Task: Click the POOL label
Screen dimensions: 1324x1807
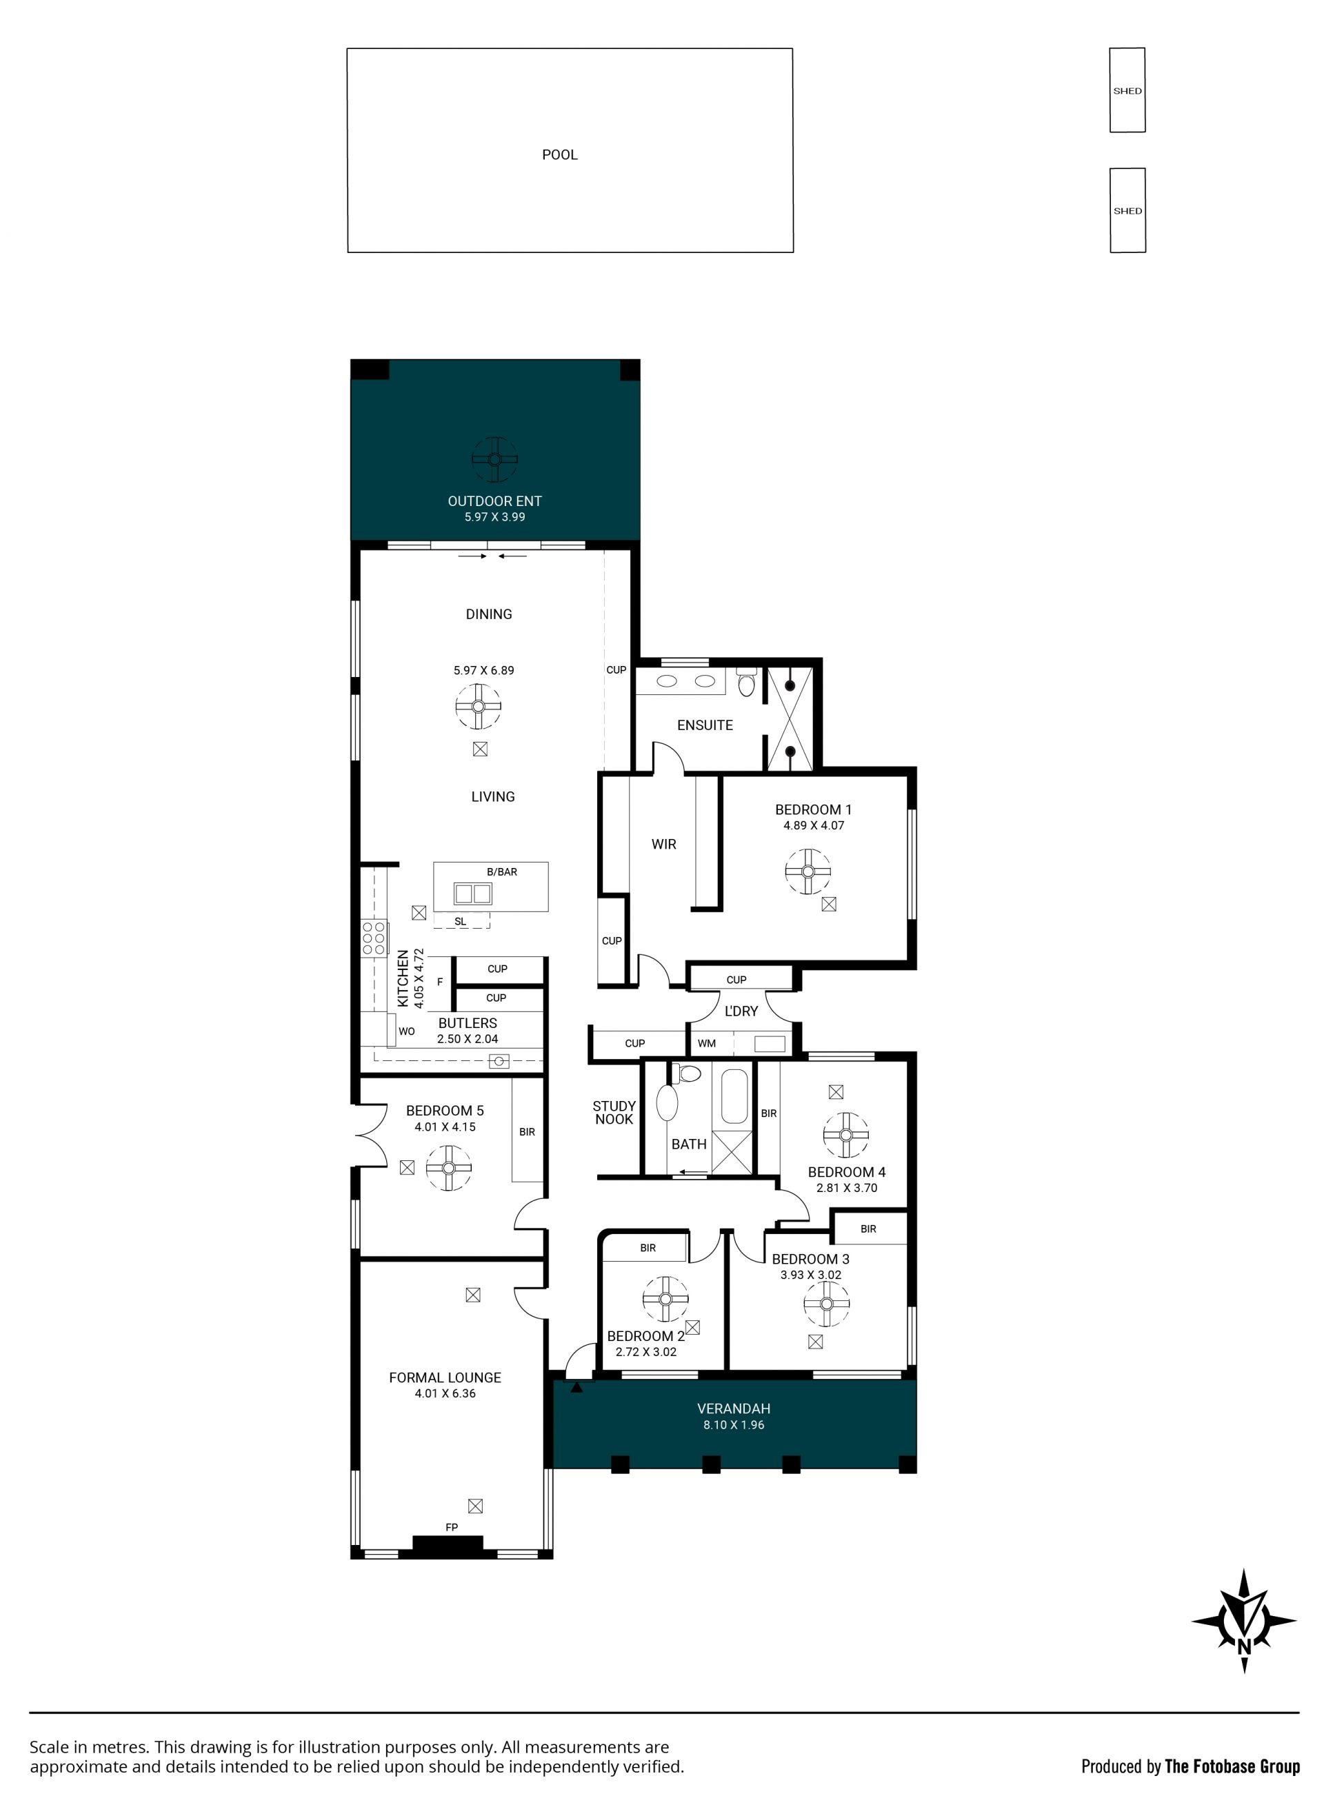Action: point(559,154)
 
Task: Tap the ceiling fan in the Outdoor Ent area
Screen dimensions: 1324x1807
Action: point(494,459)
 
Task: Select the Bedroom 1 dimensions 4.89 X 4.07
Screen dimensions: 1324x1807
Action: point(814,825)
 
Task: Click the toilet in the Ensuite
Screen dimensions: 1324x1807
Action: point(746,683)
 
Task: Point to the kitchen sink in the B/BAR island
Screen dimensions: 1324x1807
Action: point(473,893)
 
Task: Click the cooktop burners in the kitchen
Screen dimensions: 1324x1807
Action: point(374,938)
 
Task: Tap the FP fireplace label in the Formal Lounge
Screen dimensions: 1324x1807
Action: point(452,1527)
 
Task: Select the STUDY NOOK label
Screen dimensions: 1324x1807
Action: point(614,1112)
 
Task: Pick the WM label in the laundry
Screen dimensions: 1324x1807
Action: point(706,1043)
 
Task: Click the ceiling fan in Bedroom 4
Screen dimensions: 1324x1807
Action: point(845,1135)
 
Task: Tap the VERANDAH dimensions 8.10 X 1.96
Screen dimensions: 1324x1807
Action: point(734,1425)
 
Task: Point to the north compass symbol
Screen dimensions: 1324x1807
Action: point(1244,1620)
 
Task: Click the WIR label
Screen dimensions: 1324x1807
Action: point(663,844)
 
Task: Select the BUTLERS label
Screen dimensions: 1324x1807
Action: point(468,1023)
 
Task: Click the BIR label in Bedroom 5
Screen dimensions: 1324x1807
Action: point(527,1132)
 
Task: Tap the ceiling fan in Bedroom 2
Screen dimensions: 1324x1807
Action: point(666,1299)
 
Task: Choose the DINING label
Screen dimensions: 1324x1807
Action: point(489,614)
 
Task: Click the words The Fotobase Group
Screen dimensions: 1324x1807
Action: point(1232,1766)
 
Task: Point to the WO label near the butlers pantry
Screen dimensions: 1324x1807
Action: point(406,1031)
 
